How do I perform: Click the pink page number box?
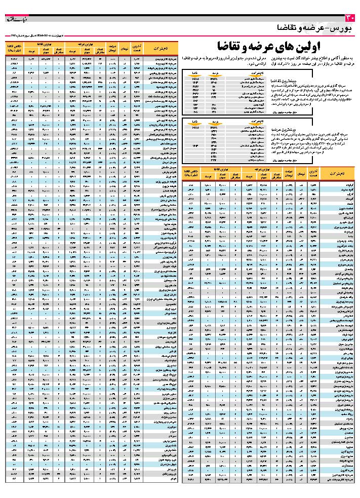pyautogui.click(x=353, y=18)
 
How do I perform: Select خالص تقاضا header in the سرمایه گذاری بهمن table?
pyautogui.click(x=14, y=48)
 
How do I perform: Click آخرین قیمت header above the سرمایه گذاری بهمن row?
pyautogui.click(x=137, y=48)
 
